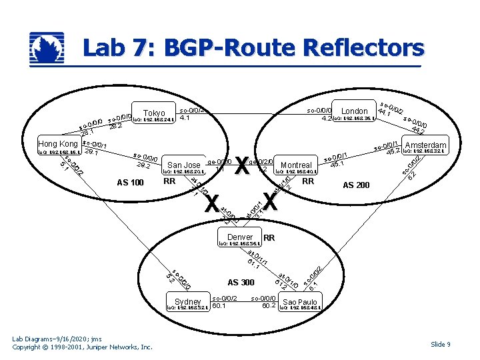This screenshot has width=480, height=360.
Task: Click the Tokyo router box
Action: point(154,113)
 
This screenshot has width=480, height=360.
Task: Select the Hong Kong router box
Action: point(59,144)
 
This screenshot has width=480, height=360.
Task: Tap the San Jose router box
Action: point(183,165)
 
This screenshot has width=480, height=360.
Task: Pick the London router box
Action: point(354,111)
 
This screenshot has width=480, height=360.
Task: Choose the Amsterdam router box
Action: point(425,145)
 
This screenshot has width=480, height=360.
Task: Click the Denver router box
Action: point(240,237)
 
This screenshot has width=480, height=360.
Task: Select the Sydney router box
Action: point(188,302)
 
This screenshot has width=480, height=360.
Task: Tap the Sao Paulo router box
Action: point(299,302)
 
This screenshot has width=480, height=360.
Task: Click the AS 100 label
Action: point(130,182)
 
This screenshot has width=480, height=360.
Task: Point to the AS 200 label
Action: point(355,185)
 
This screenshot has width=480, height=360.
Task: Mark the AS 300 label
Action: point(241,282)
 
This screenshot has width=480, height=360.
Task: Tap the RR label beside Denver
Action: point(269,238)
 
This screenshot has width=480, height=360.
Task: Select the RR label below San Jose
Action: point(169,181)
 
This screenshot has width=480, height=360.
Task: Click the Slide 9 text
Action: point(440,344)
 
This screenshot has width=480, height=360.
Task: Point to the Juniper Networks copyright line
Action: point(83,347)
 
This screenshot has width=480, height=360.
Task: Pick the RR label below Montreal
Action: point(307,181)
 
